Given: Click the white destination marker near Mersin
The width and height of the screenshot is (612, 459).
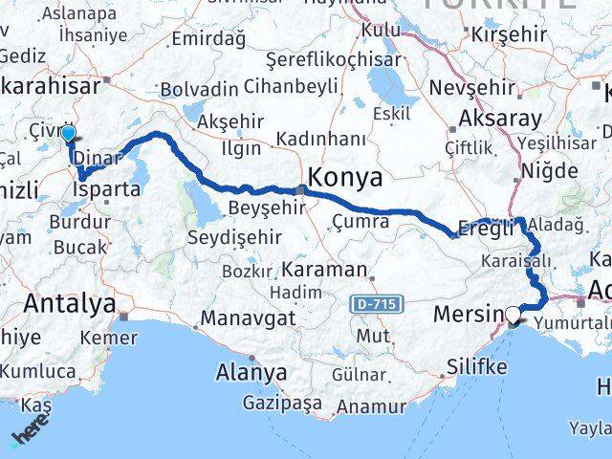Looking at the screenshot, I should click(514, 314).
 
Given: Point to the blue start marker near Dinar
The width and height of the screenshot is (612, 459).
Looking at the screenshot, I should click(68, 135).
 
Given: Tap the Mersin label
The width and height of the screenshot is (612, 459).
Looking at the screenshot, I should click(468, 314).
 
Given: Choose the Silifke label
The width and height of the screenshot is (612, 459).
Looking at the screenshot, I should click(477, 364).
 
